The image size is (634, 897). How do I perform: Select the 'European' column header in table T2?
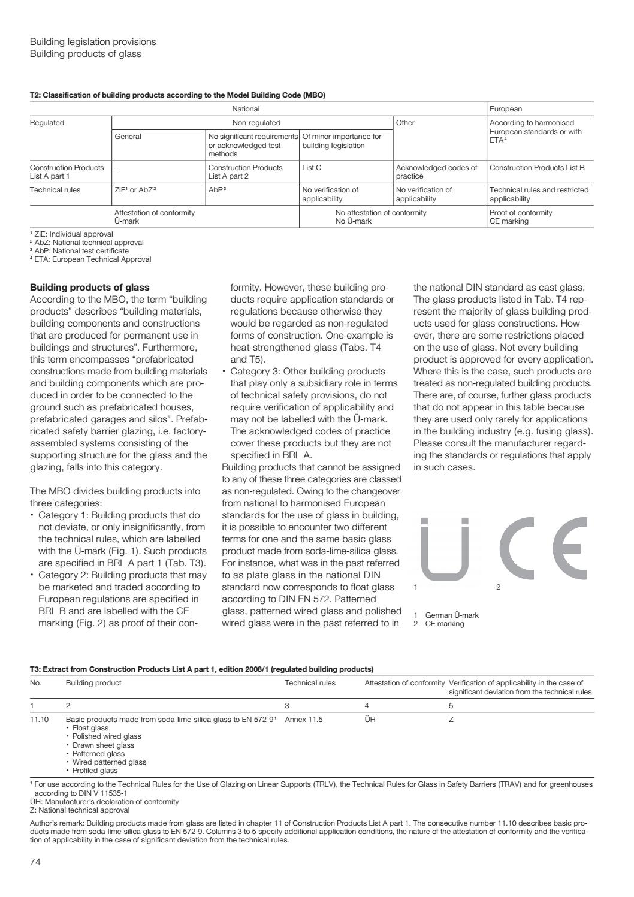coord(506,109)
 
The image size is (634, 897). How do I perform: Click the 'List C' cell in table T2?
coord(312,168)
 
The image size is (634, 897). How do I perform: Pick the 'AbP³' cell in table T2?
coord(216,190)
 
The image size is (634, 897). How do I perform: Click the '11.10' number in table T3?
coord(40,719)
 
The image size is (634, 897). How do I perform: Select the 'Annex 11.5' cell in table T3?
coord(304,719)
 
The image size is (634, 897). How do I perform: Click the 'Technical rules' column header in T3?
coord(310,682)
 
